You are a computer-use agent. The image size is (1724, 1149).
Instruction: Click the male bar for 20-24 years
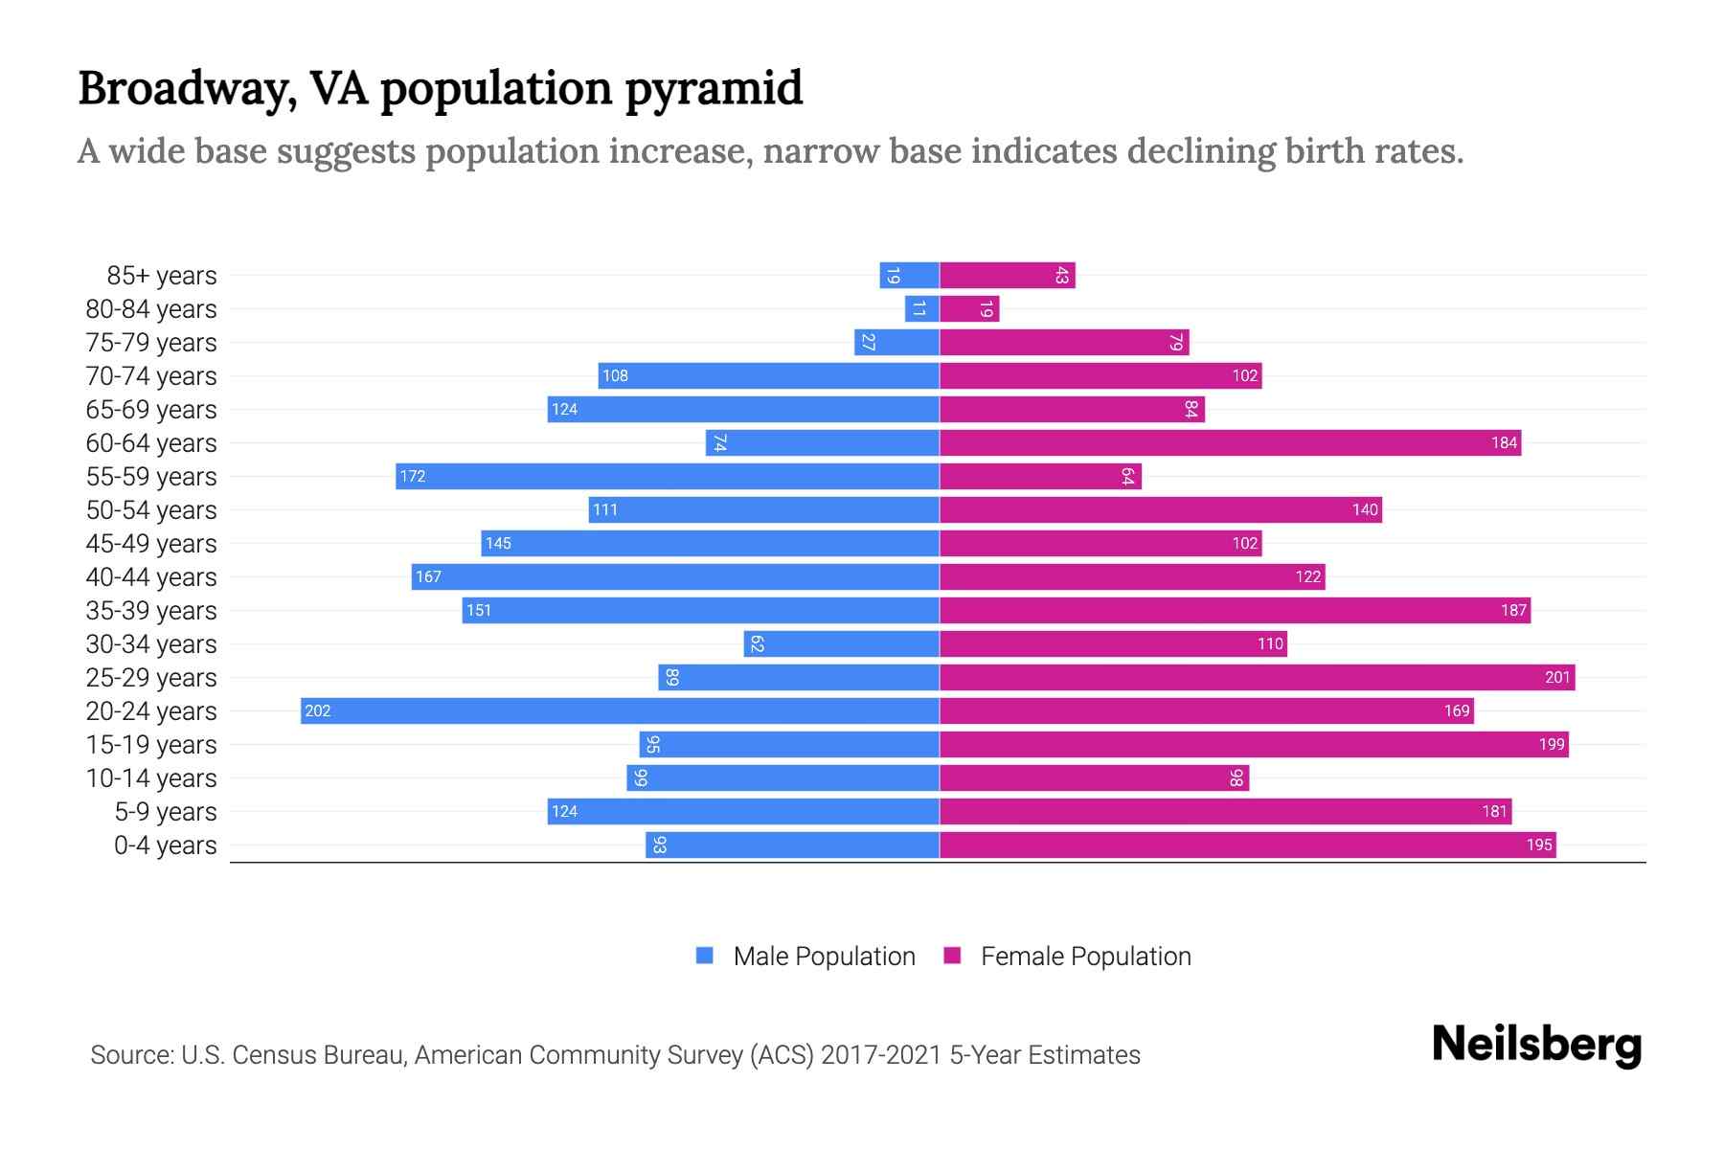620,710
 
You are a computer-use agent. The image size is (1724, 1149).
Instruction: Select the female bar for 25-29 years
1257,677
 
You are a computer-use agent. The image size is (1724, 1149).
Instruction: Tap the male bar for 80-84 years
921,308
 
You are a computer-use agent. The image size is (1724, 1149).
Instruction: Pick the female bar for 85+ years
1007,275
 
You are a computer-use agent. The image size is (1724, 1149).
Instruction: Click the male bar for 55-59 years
667,476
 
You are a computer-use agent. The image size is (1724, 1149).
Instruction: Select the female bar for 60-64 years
1230,442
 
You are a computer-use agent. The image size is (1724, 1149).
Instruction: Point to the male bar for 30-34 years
841,643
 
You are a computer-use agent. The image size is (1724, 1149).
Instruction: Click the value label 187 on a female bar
1513,610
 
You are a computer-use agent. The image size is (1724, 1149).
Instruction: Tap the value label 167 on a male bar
428,576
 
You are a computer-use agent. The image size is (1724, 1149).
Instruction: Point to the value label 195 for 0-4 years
1539,845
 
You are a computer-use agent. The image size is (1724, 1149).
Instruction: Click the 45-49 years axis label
151,543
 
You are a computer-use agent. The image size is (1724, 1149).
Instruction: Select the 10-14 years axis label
151,777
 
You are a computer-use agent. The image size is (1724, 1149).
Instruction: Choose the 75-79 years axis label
151,342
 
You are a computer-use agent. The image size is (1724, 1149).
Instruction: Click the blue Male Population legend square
705,956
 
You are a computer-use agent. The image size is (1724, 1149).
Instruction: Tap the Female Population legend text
1085,956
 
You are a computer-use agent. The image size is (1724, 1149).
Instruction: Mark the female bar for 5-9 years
1225,811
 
